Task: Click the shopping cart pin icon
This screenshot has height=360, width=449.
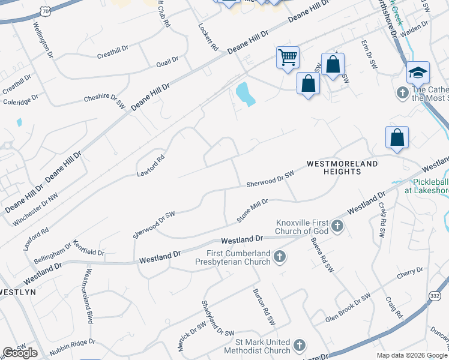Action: tap(288, 58)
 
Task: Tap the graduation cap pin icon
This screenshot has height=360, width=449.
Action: tap(418, 73)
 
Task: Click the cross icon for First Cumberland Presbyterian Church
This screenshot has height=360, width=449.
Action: tap(279, 257)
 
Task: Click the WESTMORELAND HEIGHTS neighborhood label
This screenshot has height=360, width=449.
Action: tap(342, 167)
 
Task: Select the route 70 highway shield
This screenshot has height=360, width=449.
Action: tap(45, 11)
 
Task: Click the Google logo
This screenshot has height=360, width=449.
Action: tap(20, 353)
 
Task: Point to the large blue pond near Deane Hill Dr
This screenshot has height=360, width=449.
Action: tap(244, 94)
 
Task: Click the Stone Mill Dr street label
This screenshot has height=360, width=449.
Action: tap(252, 210)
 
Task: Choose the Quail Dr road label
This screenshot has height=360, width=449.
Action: tap(167, 60)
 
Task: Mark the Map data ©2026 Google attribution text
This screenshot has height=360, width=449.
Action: tap(412, 355)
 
